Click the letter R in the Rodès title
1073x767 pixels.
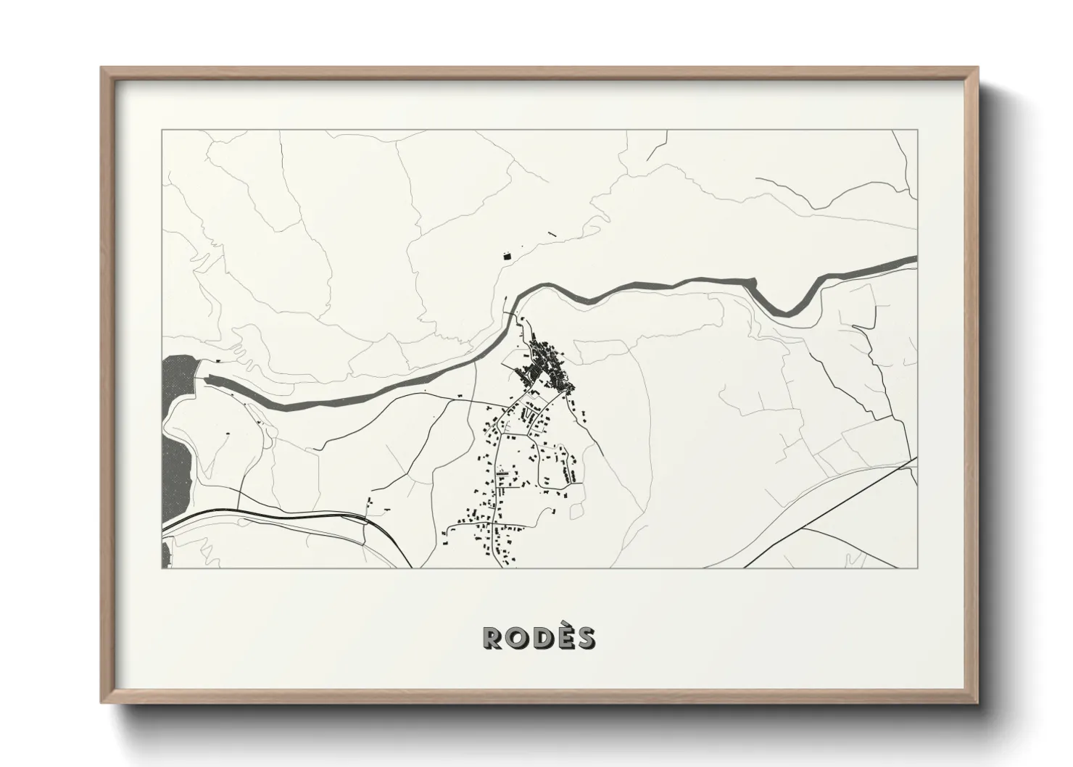(494, 637)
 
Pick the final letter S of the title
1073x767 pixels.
(585, 637)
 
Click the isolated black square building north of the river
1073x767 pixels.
(506, 255)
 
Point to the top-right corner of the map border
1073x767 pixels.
(917, 130)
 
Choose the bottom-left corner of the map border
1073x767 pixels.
(162, 568)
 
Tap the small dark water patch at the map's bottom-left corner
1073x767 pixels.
(165, 555)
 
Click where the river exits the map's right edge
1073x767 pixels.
(915, 260)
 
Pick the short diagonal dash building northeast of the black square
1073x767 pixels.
(552, 233)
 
